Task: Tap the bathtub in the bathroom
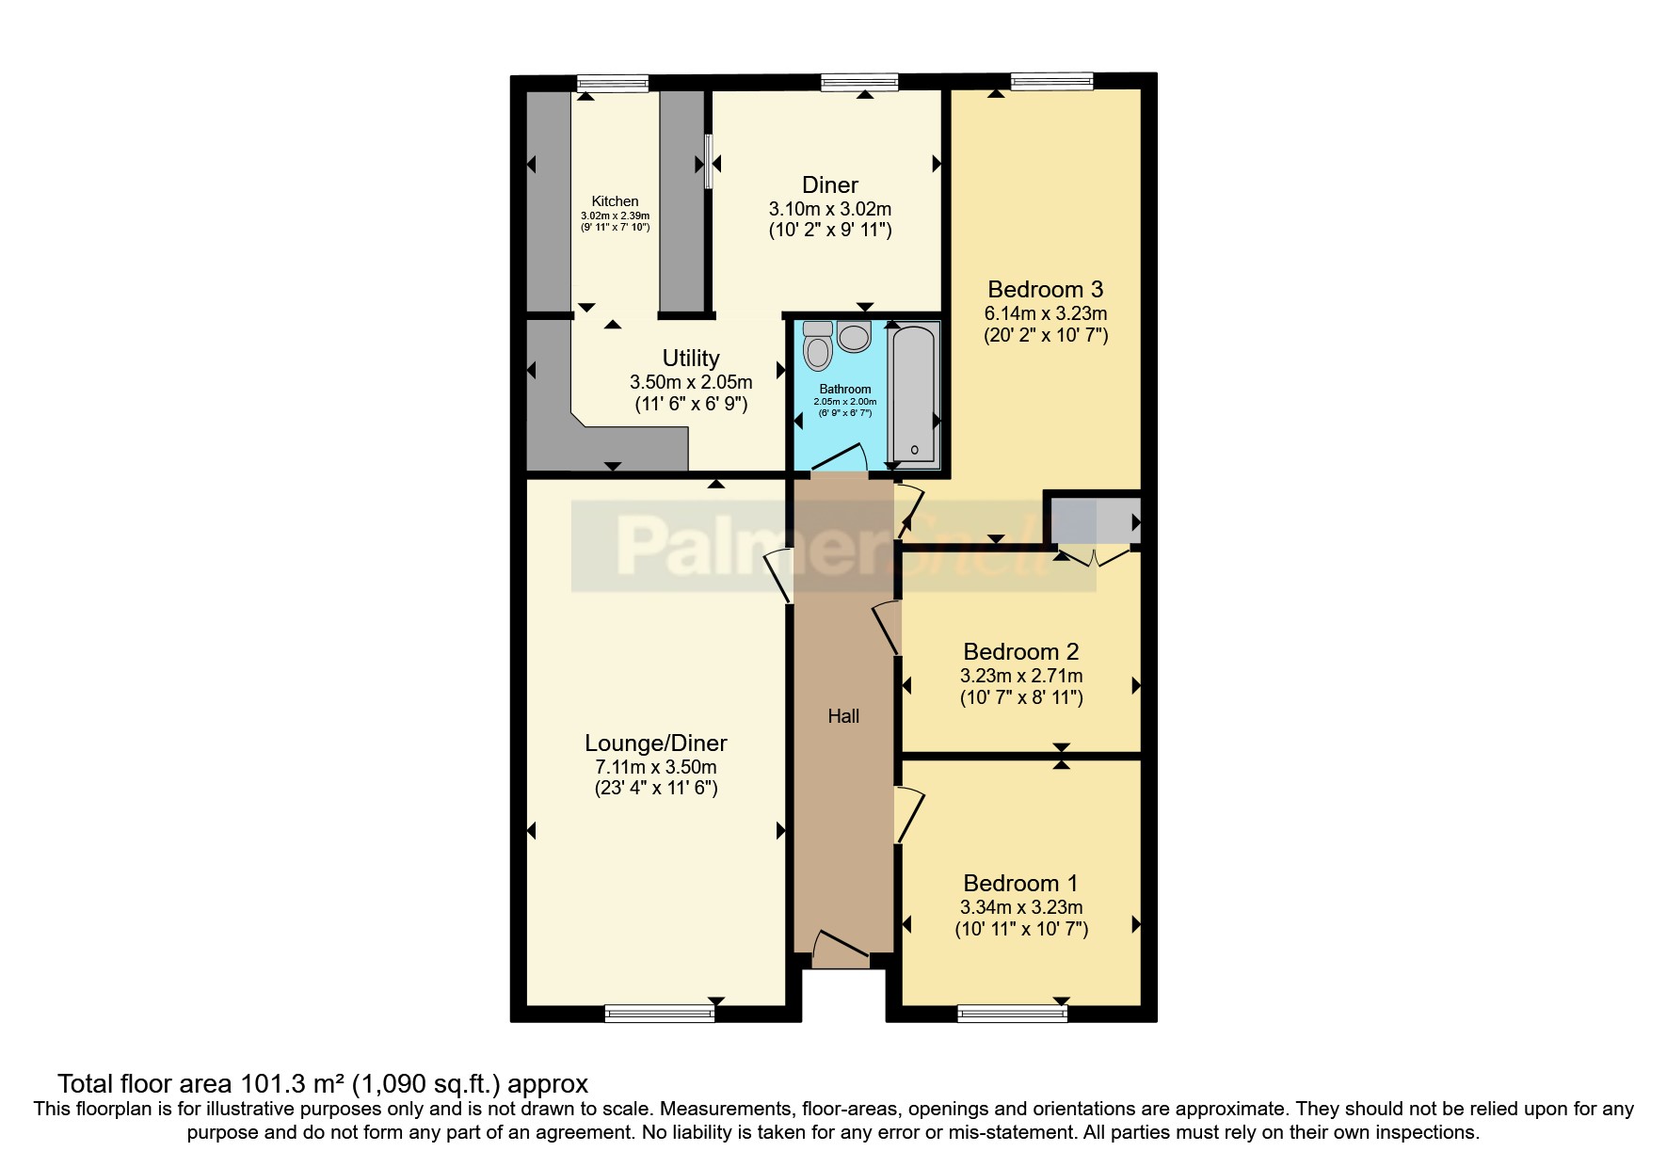click(914, 392)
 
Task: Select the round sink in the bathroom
click(854, 336)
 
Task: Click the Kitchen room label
click(615, 201)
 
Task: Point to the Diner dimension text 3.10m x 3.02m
click(830, 209)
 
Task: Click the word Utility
click(691, 359)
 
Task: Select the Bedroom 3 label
click(1045, 290)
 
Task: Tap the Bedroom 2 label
click(1021, 652)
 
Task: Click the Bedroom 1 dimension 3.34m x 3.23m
click(1021, 907)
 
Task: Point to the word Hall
click(843, 716)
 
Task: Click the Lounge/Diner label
click(656, 743)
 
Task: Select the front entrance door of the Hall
click(840, 951)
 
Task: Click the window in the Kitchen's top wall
click(613, 83)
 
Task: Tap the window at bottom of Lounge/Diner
click(660, 1014)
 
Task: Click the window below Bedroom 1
click(1013, 1014)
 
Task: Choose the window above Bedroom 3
click(1051, 82)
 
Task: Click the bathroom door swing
click(841, 458)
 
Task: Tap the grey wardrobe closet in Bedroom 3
click(1094, 520)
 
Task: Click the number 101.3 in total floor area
click(278, 1084)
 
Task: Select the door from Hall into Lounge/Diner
click(777, 575)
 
